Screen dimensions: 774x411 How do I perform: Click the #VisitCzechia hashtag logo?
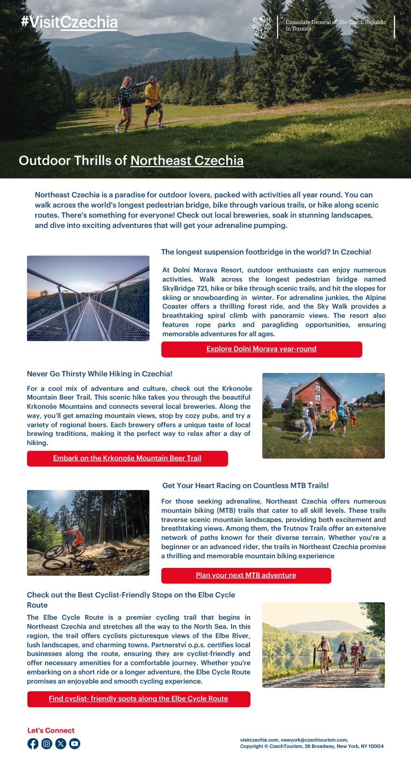pos(69,22)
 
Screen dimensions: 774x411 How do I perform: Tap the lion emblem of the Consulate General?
pos(262,27)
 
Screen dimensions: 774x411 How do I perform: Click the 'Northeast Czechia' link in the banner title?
pos(187,161)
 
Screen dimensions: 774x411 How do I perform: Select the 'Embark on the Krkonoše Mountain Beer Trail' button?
pos(127,458)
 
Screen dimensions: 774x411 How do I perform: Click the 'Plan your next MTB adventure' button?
pos(246,575)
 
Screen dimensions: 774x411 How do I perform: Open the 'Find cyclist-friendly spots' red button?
pos(138,699)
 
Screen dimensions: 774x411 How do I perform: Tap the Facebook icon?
pos(33,744)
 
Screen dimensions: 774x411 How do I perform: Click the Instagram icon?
pos(46,744)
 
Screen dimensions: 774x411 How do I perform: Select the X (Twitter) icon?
pos(60,744)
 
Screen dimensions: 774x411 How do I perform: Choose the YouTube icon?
pos(74,744)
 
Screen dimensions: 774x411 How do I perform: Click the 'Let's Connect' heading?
pos(51,730)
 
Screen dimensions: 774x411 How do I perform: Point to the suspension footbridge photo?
pos(88,298)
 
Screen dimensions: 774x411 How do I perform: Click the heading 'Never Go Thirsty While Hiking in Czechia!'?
pos(100,374)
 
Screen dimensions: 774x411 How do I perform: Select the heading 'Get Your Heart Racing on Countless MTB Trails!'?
pos(246,486)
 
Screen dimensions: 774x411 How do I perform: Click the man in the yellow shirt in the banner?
pos(153,99)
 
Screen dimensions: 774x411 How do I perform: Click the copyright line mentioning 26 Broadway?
pos(312,746)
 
